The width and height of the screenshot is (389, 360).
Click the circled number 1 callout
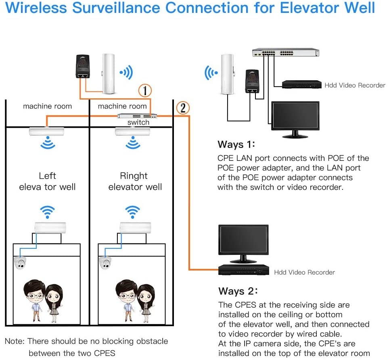[145, 90]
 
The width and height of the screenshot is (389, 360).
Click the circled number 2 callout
[183, 108]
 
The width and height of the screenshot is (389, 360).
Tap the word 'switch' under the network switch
[138, 122]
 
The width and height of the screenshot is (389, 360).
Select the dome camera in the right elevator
[105, 263]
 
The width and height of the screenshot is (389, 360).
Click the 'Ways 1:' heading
[236, 144]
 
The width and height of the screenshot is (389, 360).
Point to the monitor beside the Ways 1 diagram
[295, 117]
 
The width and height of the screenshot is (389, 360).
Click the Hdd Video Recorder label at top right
[355, 85]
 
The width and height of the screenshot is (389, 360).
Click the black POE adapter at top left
[83, 67]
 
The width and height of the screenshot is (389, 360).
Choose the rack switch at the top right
[286, 52]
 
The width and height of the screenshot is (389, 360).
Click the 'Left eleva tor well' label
[47, 181]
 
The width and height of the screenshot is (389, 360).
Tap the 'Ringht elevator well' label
[135, 181]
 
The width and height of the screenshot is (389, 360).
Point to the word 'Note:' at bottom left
[15, 341]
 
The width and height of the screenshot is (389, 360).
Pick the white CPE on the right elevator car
[135, 227]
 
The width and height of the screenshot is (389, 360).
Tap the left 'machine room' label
[47, 106]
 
